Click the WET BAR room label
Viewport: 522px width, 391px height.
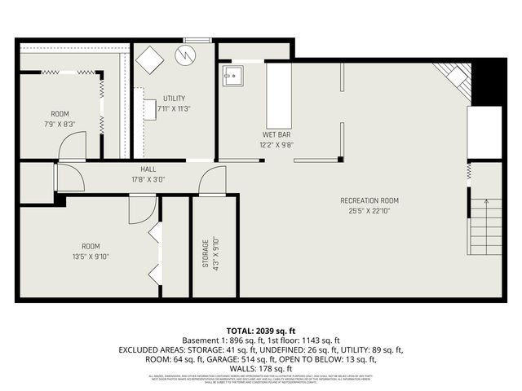[x=276, y=134]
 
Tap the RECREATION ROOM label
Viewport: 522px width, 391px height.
[x=369, y=200]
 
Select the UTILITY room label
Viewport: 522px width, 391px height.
[x=174, y=98]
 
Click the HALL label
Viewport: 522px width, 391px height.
[x=148, y=169]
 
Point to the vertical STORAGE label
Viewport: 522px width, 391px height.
[x=205, y=253]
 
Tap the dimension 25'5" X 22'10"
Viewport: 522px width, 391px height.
[x=369, y=211]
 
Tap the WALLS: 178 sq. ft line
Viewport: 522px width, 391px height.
[x=261, y=367]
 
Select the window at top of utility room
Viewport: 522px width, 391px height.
[x=197, y=40]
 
